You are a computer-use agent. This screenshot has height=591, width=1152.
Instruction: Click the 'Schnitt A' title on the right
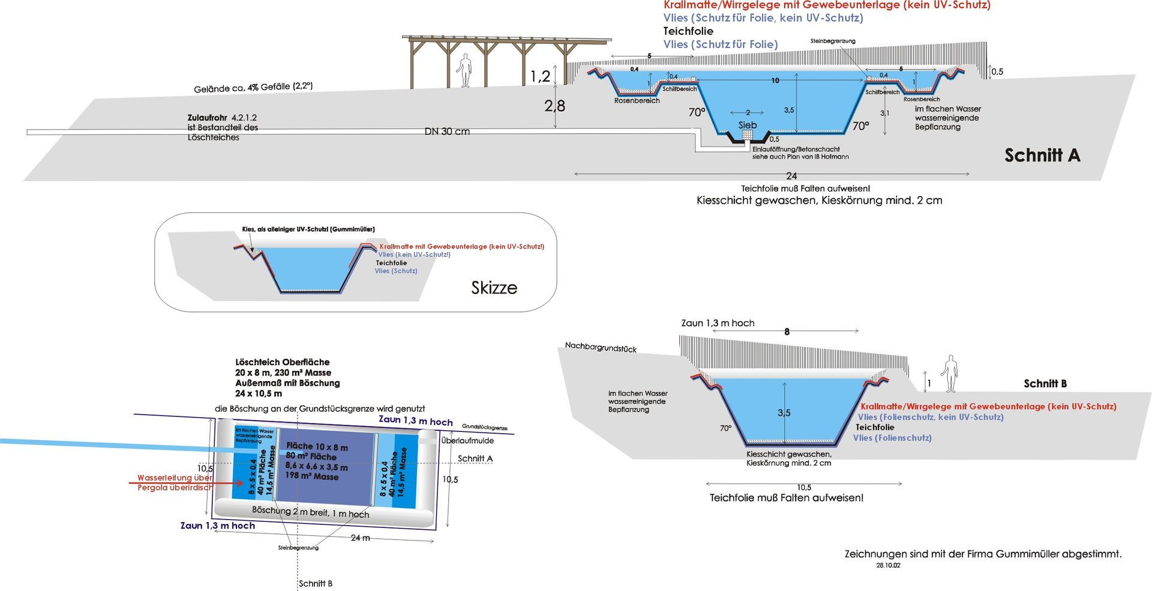[x=1042, y=155]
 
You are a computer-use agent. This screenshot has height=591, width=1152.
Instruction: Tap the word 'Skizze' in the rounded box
[x=494, y=288]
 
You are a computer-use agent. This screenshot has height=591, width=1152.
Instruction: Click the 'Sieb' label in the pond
[x=747, y=125]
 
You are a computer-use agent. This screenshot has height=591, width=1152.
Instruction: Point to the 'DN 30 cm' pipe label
[x=447, y=131]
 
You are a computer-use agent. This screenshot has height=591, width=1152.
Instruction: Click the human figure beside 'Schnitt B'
[x=949, y=374]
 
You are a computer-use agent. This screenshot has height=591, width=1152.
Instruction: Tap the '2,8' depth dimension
[x=554, y=106]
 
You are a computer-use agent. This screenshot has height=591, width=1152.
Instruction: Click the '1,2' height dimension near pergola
[x=539, y=76]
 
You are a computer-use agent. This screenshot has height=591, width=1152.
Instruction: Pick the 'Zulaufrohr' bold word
[x=207, y=118]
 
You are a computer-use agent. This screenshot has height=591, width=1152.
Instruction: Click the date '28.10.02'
[x=888, y=565]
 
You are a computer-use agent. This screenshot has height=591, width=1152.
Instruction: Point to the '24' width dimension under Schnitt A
[x=791, y=176]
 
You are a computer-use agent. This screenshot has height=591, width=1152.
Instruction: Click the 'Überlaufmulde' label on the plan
[x=467, y=440]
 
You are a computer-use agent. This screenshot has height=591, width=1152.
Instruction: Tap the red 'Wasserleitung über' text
[x=175, y=478]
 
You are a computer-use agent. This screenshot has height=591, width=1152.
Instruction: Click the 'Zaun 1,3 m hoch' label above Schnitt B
[x=718, y=323]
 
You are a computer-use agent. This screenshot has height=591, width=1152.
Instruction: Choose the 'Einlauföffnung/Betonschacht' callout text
[x=796, y=149]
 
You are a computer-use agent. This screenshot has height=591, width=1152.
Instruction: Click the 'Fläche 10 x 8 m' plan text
[x=317, y=446]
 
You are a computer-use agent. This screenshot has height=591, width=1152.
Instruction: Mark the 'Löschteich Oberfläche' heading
[x=282, y=362]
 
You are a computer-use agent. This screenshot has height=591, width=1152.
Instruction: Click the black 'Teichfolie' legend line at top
[x=688, y=31]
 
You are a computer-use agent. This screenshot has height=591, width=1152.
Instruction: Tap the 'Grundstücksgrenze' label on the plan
[x=484, y=427]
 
